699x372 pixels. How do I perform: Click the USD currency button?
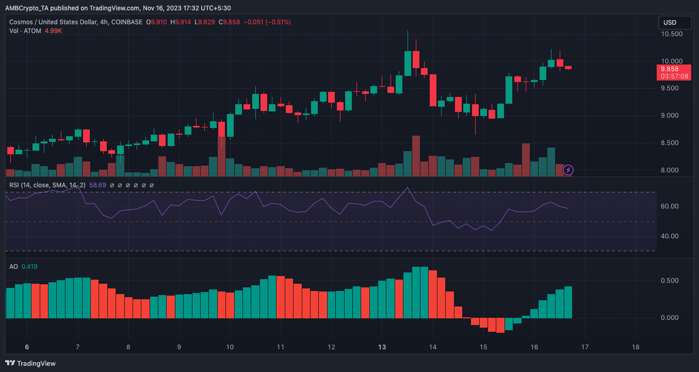click(674, 23)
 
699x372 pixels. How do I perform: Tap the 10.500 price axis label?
click(672, 34)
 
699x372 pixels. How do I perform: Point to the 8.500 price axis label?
click(672, 143)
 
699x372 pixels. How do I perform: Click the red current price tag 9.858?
click(674, 69)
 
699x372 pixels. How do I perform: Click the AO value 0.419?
click(29, 267)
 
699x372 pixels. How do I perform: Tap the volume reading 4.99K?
click(54, 30)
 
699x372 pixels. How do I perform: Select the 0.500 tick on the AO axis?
click(672, 281)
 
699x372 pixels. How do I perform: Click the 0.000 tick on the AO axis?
click(672, 318)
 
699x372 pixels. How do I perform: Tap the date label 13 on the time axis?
click(382, 347)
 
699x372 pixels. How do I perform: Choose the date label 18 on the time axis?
click(636, 347)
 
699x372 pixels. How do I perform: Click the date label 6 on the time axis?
click(27, 347)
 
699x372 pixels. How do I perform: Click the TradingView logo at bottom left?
click(30, 363)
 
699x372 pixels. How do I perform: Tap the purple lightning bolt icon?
click(568, 169)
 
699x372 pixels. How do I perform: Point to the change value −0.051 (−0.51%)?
click(267, 22)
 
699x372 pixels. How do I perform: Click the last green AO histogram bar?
click(568, 302)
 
